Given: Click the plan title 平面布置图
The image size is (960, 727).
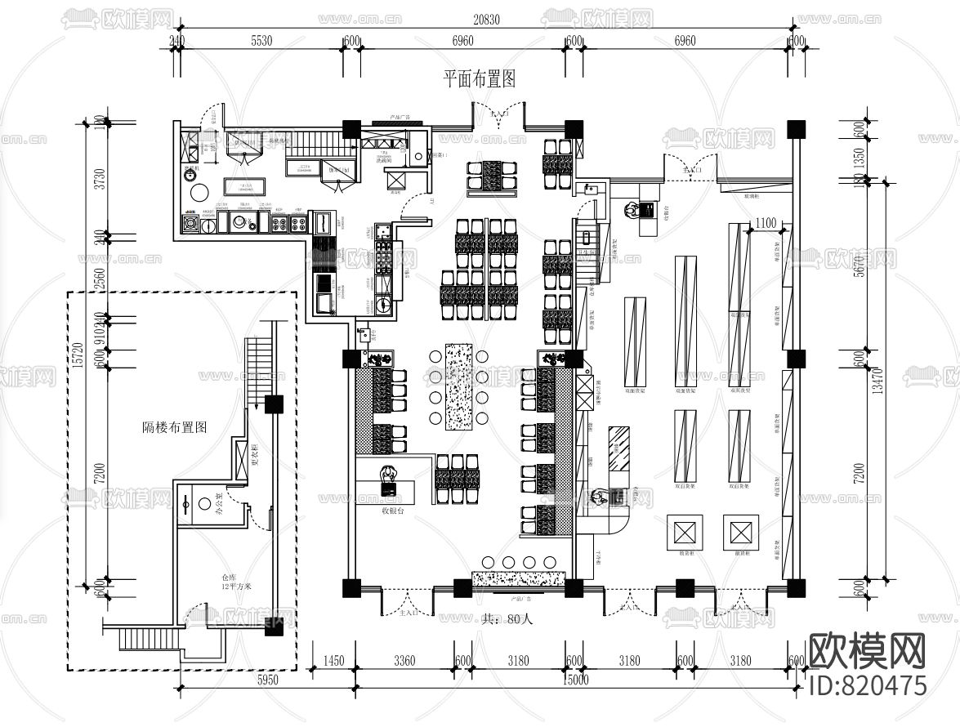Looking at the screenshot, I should coord(480,79).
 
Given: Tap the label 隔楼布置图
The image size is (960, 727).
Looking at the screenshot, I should coord(175,427).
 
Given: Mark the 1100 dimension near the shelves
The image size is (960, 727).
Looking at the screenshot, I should coord(766,223).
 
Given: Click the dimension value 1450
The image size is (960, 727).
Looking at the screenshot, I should coord(333,661).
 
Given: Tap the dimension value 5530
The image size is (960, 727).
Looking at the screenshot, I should coord(261,41).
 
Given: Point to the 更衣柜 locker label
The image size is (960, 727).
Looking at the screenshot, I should coord(254,453).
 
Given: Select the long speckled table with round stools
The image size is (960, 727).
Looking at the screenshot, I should coord(458,386).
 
